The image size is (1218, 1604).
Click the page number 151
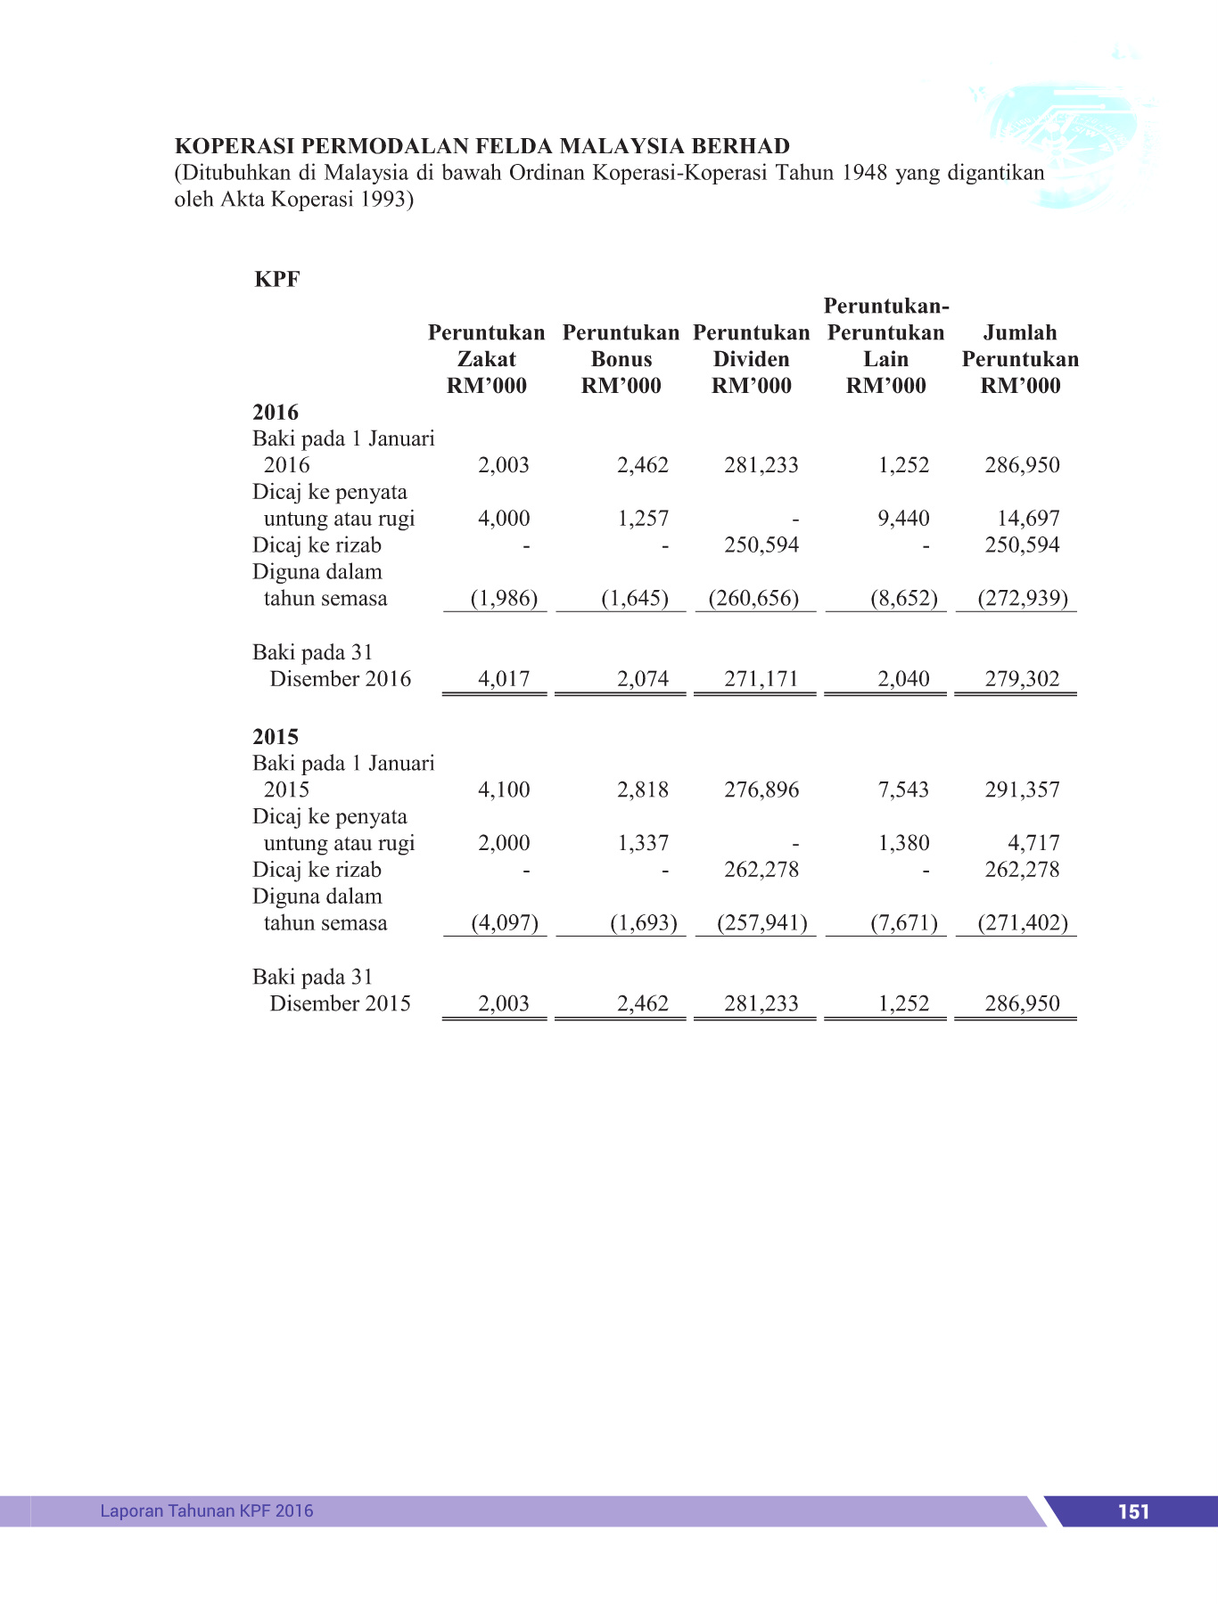tap(1133, 1511)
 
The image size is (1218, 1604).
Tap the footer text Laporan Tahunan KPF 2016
tap(207, 1510)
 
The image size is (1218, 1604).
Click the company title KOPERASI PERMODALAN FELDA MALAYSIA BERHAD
tap(482, 146)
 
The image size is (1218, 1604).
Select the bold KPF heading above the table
tap(277, 279)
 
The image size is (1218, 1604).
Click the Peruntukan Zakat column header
tap(487, 359)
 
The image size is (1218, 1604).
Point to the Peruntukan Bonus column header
tap(621, 359)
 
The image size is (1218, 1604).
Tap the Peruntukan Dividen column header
tap(752, 359)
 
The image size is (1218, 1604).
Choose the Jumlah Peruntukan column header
tap(1020, 359)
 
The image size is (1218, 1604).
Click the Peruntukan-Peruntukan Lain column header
tap(886, 346)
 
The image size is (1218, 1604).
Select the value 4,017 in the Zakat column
tap(504, 679)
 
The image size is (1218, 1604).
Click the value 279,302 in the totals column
tap(1022, 679)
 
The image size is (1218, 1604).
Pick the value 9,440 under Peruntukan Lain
tap(903, 519)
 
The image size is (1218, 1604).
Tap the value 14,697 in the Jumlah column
tap(1028, 519)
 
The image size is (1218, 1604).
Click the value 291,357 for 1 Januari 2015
tap(1022, 790)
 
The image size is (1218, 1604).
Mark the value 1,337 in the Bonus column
tap(643, 843)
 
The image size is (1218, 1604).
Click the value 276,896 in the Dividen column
tap(761, 790)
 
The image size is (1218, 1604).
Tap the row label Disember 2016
tap(340, 679)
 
